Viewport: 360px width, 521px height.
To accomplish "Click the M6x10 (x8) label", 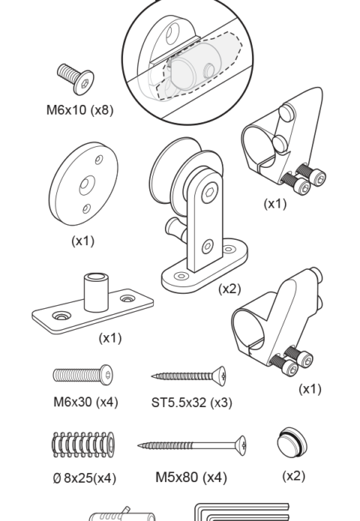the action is click(80, 109).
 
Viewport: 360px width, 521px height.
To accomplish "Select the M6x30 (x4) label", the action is click(85, 402).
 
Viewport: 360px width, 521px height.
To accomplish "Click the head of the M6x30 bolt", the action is click(107, 375).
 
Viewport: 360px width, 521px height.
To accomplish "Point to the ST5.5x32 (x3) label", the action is click(192, 403).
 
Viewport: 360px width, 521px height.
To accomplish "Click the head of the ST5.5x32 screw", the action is click(220, 376).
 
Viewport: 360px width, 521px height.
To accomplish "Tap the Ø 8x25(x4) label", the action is click(85, 478).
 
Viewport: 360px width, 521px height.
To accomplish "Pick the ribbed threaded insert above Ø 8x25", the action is click(83, 445).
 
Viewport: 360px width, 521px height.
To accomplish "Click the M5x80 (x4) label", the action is click(191, 478).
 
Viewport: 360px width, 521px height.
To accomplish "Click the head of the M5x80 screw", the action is click(241, 445).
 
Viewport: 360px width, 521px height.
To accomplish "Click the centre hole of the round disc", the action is click(87, 184).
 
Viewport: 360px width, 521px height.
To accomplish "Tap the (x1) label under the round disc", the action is click(83, 241).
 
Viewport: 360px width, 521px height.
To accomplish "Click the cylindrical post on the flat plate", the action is click(97, 292).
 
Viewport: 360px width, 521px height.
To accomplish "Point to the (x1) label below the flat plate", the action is click(110, 338).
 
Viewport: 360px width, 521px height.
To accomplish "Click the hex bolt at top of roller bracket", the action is click(210, 193).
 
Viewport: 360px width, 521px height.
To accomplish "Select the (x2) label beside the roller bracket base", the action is click(229, 289).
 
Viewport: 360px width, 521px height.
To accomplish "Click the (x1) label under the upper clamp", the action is click(275, 204).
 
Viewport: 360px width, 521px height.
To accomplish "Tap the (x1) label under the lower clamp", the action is click(310, 389).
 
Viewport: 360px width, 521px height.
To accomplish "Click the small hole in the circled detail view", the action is click(209, 70).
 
